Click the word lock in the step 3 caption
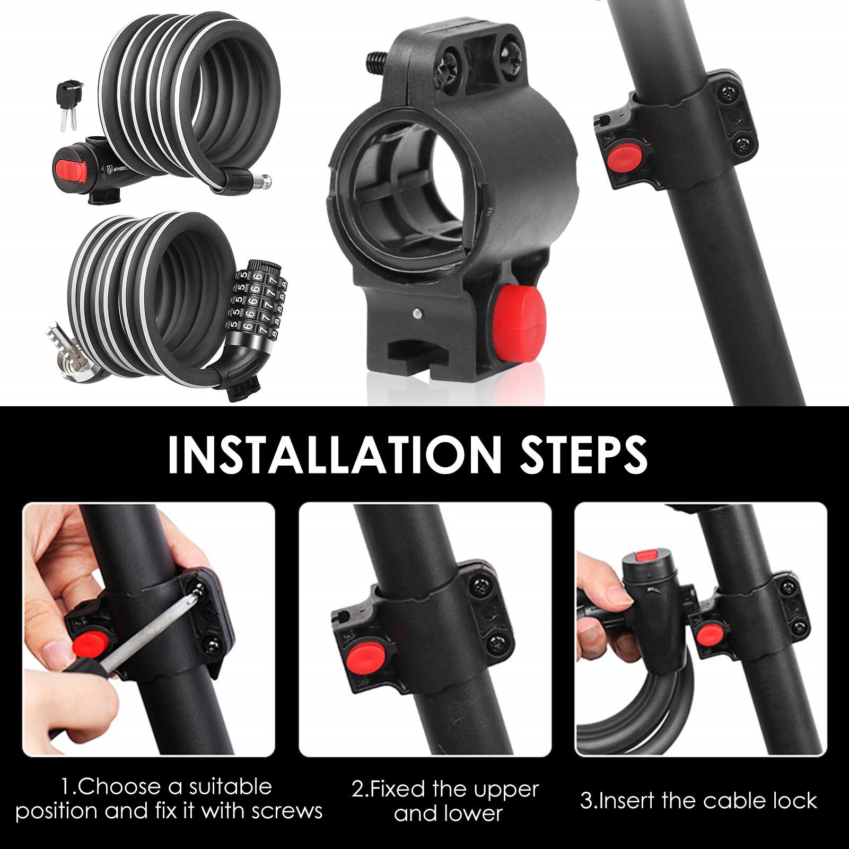(x=795, y=801)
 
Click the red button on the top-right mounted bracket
(x=626, y=157)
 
